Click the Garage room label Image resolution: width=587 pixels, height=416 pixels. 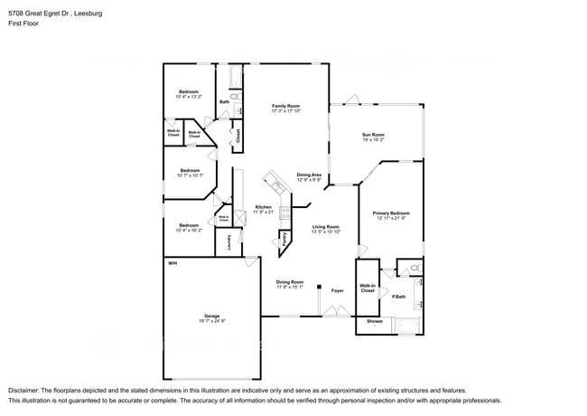pyautogui.click(x=211, y=316)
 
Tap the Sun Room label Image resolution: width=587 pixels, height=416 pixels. pyautogui.click(x=373, y=135)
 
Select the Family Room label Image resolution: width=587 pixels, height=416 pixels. pyautogui.click(x=285, y=106)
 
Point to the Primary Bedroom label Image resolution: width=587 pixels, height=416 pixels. pyautogui.click(x=391, y=213)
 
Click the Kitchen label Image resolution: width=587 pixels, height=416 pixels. pyautogui.click(x=263, y=206)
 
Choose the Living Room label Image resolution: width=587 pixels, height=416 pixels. pyautogui.click(x=325, y=226)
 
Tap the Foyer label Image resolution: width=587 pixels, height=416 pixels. pyautogui.click(x=337, y=290)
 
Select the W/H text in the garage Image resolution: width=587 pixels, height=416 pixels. pyautogui.click(x=172, y=262)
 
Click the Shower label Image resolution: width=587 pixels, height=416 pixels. pyautogui.click(x=374, y=321)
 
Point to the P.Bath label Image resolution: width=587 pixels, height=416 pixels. pyautogui.click(x=398, y=297)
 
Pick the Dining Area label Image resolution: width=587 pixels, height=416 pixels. pyautogui.click(x=309, y=175)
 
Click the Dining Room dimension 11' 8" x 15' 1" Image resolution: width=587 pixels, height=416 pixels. pyautogui.click(x=290, y=287)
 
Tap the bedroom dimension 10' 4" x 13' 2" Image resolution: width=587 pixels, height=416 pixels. pyautogui.click(x=189, y=96)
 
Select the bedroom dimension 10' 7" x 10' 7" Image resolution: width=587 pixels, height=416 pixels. pyautogui.click(x=190, y=175)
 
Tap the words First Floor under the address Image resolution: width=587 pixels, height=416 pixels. pyautogui.click(x=24, y=23)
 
